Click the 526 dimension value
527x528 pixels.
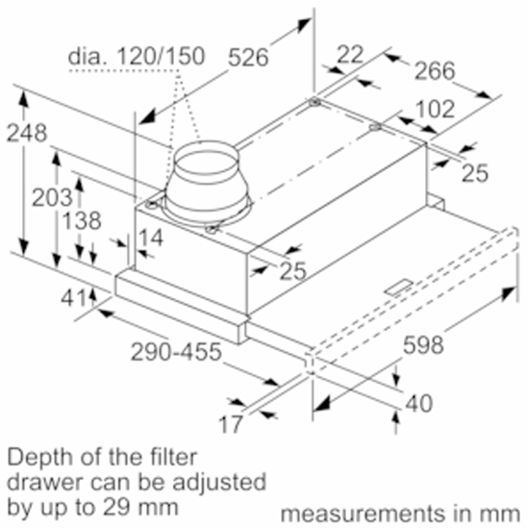(248, 58)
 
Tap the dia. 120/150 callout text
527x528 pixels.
(137, 56)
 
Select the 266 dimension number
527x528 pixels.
(435, 71)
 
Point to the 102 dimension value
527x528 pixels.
(435, 109)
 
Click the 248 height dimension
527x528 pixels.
(27, 134)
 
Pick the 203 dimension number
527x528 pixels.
(52, 197)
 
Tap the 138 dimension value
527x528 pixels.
(82, 221)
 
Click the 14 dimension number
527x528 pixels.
(151, 238)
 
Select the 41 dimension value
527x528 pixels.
(73, 298)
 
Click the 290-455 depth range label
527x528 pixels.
(176, 352)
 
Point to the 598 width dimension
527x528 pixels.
(423, 345)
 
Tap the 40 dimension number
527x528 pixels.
(419, 403)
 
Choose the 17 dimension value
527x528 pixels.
(231, 424)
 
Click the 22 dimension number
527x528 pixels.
(350, 54)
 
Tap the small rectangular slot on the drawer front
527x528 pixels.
(398, 288)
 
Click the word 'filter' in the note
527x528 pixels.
(174, 457)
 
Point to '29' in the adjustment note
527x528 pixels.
(115, 507)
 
